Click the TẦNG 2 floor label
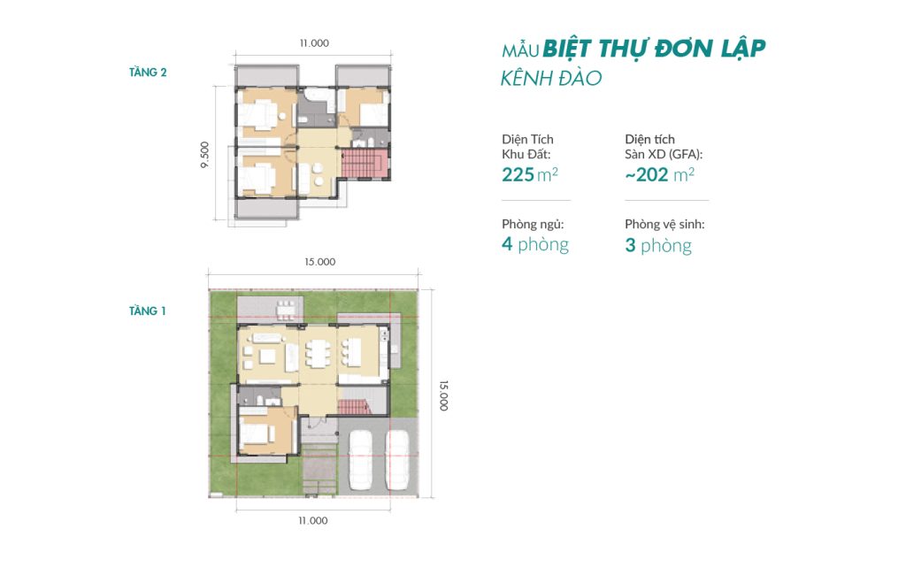click(x=148, y=73)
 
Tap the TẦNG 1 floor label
click(x=148, y=311)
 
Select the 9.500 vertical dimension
click(x=204, y=155)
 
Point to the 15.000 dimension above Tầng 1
click(x=320, y=262)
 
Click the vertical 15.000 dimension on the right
click(x=443, y=395)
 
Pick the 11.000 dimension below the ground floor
click(x=312, y=520)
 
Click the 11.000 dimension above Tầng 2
click(x=314, y=43)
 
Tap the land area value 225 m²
click(x=530, y=174)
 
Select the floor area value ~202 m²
click(x=659, y=174)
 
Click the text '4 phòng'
click(x=535, y=245)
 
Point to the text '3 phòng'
click(x=658, y=246)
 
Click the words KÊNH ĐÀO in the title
click(x=551, y=78)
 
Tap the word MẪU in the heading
click(x=520, y=50)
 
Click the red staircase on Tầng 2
click(x=362, y=164)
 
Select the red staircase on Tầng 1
click(x=354, y=407)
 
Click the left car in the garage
click(x=361, y=461)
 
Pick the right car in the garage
click(x=397, y=461)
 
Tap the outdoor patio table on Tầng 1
click(x=285, y=311)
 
